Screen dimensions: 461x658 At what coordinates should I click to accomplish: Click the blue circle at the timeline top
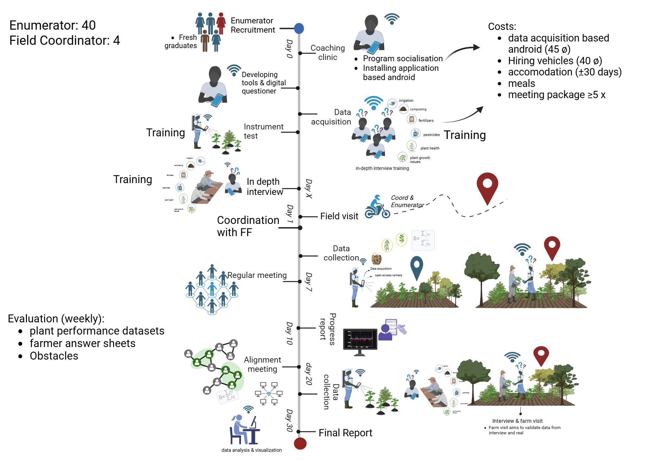(x=299, y=29)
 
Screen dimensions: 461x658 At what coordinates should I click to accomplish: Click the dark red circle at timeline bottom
(x=300, y=443)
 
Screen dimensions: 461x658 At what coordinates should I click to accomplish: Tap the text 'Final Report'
(x=345, y=433)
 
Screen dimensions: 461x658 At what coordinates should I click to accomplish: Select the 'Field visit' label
(x=339, y=216)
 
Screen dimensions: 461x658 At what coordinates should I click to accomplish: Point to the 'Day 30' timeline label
(x=289, y=420)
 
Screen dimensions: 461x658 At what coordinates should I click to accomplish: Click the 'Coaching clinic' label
(x=328, y=53)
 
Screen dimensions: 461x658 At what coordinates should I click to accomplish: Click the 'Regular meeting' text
(x=257, y=275)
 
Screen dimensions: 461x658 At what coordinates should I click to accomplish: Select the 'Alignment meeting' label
(x=262, y=365)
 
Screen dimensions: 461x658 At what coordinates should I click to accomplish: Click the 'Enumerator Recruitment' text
(x=252, y=25)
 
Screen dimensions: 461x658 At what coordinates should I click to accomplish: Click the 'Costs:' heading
(x=502, y=27)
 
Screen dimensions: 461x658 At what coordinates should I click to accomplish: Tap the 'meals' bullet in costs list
(x=521, y=84)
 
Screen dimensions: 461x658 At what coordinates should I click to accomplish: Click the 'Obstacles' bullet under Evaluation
(x=54, y=356)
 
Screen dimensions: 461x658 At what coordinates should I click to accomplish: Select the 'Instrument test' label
(x=263, y=131)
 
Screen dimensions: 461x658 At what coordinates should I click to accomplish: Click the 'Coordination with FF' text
(x=248, y=226)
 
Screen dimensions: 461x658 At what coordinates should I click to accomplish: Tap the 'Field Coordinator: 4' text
(x=64, y=41)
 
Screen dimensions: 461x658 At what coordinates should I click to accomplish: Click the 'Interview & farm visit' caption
(x=517, y=421)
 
